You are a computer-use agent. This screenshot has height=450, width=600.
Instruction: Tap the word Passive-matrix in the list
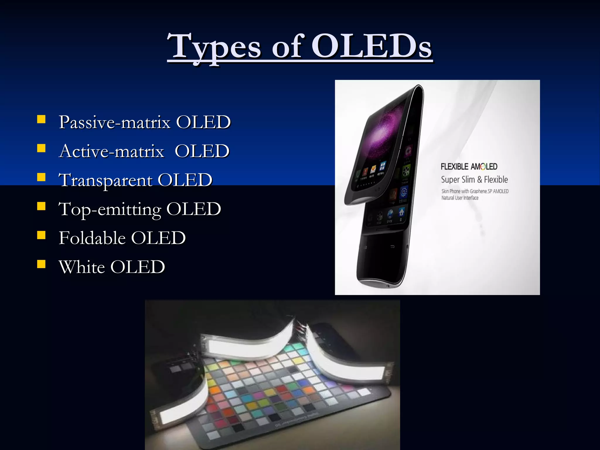click(x=115, y=122)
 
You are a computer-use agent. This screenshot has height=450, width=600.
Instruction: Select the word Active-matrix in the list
click(x=111, y=151)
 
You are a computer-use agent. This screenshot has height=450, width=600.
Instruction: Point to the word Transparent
click(x=105, y=180)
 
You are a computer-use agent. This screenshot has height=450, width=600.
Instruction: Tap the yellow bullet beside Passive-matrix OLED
click(x=41, y=120)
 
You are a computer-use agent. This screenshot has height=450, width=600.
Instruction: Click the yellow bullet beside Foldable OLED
click(x=41, y=235)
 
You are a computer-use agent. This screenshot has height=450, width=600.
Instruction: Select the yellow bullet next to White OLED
click(x=41, y=264)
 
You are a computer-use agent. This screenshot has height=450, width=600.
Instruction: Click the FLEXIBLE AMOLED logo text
click(x=469, y=167)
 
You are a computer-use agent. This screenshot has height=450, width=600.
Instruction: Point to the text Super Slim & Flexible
click(x=474, y=180)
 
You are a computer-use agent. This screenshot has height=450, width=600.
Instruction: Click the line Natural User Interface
click(x=460, y=198)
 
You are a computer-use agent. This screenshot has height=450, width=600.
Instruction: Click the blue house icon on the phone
click(x=401, y=212)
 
